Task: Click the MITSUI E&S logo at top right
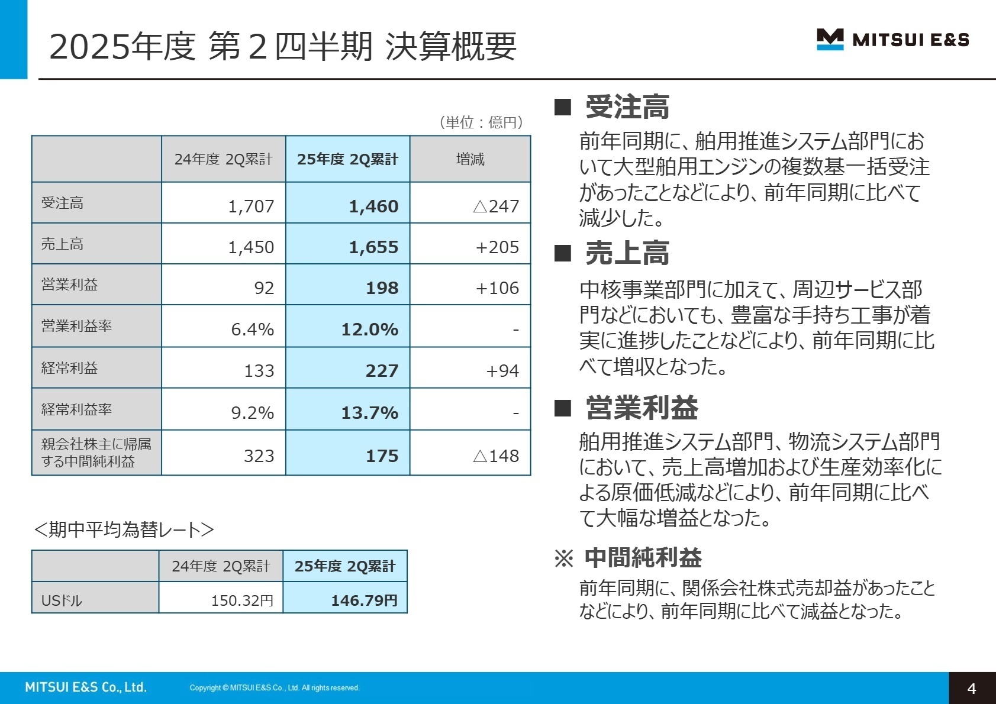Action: coord(892,40)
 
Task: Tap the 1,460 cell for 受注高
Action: coord(373,206)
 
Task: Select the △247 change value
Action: coord(496,206)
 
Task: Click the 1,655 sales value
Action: coord(373,247)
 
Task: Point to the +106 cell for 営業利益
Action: coord(497,288)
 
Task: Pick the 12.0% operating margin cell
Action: coord(369,329)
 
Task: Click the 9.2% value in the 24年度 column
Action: coord(252,412)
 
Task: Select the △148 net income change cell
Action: coord(496,456)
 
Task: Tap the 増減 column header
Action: coord(470,159)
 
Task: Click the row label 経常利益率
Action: coord(76,409)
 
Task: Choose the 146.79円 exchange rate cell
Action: coord(364,600)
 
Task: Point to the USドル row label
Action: coord(62,600)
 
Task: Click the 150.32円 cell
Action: coord(242,600)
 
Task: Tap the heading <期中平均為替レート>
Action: coord(124,529)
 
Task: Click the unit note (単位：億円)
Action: coord(481,122)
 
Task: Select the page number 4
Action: coord(971,688)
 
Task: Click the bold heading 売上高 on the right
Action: coord(627,253)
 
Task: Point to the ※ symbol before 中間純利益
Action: coord(563,558)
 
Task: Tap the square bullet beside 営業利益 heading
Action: coord(562,408)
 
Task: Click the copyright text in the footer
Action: coord(274,687)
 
